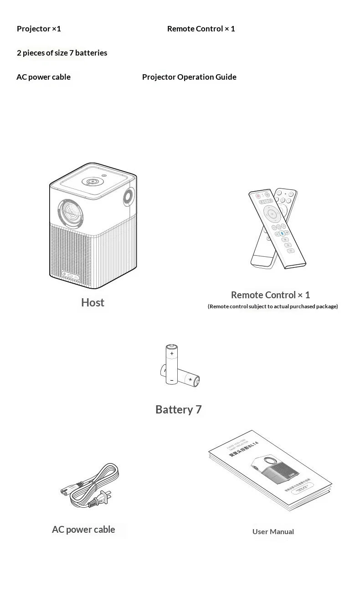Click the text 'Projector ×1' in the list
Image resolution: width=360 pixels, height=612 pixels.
point(39,29)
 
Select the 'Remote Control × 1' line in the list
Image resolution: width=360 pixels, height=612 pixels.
point(201,29)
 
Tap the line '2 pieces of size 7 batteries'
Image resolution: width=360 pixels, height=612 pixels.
point(62,53)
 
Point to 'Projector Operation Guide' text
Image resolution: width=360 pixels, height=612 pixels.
point(189,77)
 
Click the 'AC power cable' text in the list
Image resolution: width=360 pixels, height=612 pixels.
point(43,77)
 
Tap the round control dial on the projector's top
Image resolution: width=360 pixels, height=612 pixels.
point(93,182)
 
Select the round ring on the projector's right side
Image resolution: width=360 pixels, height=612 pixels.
point(129,197)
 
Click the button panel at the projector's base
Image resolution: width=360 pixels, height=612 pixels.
point(72,275)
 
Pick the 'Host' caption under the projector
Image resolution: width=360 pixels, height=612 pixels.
point(93,302)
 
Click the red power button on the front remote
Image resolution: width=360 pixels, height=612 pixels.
point(258,196)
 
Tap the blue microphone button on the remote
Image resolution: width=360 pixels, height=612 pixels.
point(282,233)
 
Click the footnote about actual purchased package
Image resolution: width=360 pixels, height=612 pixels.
point(273,306)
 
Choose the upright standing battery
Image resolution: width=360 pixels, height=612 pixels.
point(171,364)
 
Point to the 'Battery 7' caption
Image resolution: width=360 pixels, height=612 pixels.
point(178,409)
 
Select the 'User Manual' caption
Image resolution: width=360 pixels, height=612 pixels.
point(273,531)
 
